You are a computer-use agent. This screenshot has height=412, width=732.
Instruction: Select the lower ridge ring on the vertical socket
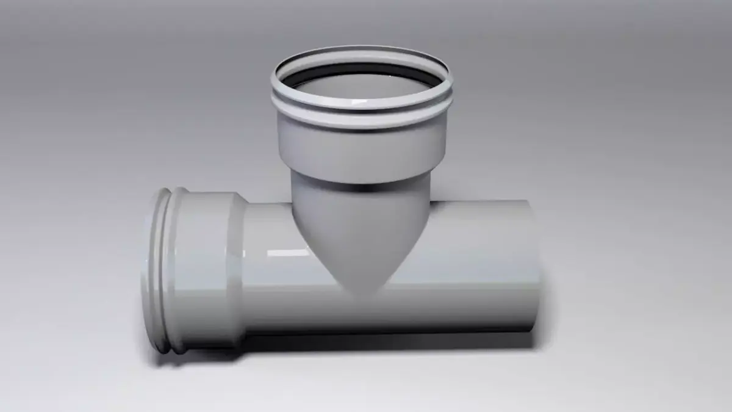point(361,122)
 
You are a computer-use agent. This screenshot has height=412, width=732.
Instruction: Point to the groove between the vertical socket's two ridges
point(361,114)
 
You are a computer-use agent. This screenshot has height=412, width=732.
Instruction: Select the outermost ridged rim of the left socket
point(160,269)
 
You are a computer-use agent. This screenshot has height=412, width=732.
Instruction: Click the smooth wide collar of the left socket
point(204,269)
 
